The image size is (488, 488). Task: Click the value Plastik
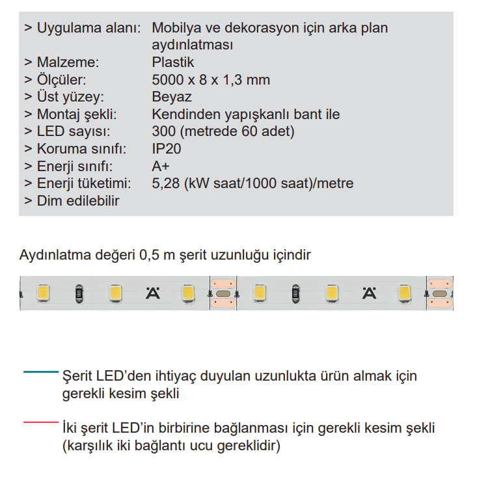pyautogui.click(x=172, y=63)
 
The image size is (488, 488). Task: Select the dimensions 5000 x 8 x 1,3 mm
pyautogui.click(x=210, y=80)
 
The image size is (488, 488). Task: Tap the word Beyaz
pyautogui.click(x=171, y=98)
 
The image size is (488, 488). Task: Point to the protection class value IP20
pyautogui.click(x=166, y=149)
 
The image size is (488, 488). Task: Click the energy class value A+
pyautogui.click(x=161, y=166)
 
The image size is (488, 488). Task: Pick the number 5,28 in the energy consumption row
pyautogui.click(x=166, y=183)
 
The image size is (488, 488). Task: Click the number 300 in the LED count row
pyautogui.click(x=163, y=132)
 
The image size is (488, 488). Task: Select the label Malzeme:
pyautogui.click(x=68, y=63)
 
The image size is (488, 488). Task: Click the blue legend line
pyautogui.click(x=40, y=372)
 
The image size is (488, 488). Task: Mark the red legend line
pyautogui.click(x=40, y=423)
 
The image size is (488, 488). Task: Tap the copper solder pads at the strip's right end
pyautogui.click(x=439, y=293)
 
